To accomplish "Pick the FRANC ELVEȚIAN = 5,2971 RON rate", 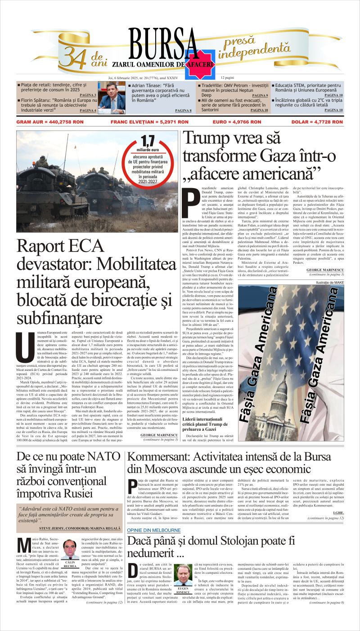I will coord(149,122).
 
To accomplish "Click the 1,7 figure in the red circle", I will coord(147,141).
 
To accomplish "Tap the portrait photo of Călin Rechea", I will coord(70,549).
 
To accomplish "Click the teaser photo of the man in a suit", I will coord(112,96).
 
